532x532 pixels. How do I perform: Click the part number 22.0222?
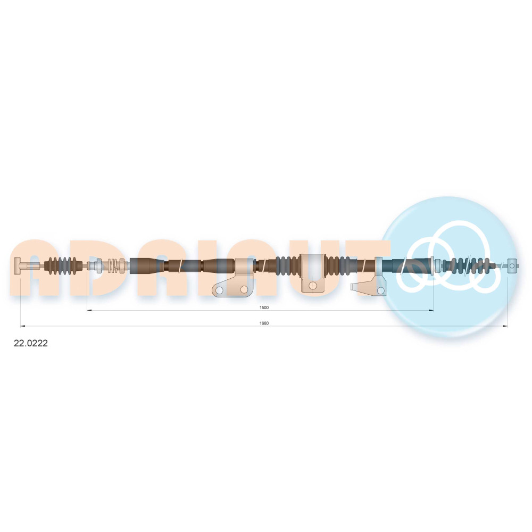click(x=30, y=343)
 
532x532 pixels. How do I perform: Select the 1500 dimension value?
click(x=264, y=307)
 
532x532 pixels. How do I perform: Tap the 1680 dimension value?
click(x=264, y=323)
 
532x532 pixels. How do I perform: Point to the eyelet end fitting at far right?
click(x=512, y=265)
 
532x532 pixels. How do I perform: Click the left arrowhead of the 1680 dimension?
click(x=23, y=326)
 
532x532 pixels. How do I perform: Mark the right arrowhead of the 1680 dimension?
click(x=505, y=326)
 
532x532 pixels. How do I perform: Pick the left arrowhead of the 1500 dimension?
click(x=89, y=310)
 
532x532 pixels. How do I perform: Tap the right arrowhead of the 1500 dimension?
click(x=431, y=310)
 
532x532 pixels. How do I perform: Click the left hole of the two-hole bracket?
click(x=219, y=290)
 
